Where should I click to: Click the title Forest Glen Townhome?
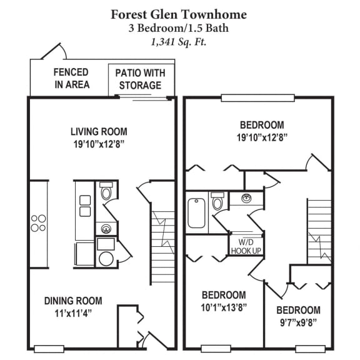[179, 14]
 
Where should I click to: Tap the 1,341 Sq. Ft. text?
[179, 42]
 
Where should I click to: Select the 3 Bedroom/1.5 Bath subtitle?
[179, 29]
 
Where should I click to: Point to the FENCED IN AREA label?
[71, 79]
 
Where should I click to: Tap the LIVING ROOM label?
[99, 132]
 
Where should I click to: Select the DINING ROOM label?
[73, 301]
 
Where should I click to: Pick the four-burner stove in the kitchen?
[38, 223]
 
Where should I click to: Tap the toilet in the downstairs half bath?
[106, 191]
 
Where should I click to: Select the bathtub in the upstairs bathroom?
[196, 212]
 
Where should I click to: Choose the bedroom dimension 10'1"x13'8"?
[224, 307]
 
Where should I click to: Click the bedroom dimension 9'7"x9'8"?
[299, 323]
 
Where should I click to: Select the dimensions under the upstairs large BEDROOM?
[261, 137]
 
